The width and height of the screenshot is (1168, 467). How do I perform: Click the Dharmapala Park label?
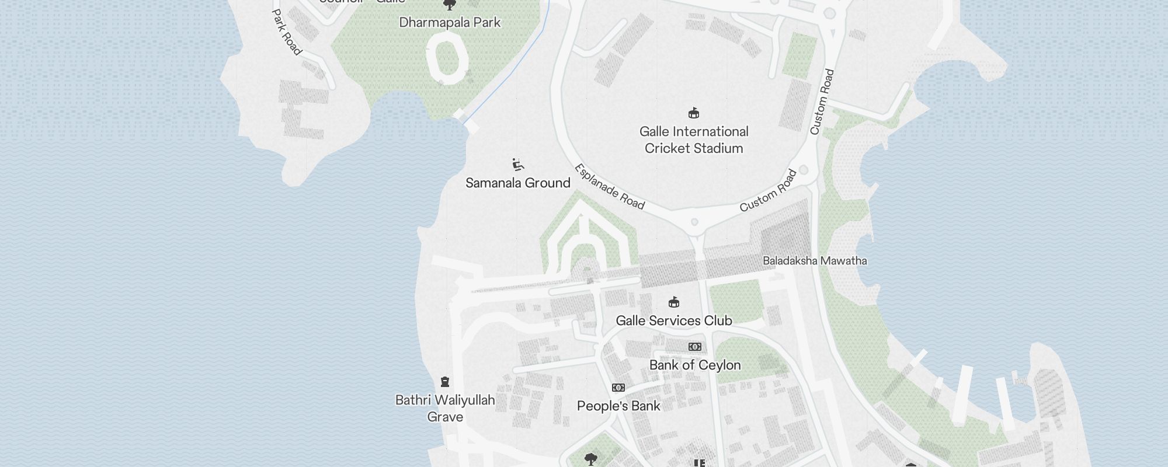pos(450,23)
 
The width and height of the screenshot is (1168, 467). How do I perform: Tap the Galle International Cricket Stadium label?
pos(694,140)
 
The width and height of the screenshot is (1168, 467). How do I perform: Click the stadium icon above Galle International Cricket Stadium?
pos(694,113)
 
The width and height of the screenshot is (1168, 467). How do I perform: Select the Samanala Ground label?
pos(517,183)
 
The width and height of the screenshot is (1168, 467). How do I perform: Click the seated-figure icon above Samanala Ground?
pos(517,164)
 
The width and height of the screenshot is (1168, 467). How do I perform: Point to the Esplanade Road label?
pos(609,187)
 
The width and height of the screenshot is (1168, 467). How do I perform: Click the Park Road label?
pos(287,32)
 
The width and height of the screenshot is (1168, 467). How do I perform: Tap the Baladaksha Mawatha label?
pos(814,261)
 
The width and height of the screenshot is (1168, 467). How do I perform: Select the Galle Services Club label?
pos(673,320)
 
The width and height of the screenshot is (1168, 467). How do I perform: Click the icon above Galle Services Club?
pos(674,302)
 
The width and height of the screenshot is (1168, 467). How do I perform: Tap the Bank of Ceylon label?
pos(694,365)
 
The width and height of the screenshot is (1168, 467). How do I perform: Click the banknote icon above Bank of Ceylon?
pos(694,347)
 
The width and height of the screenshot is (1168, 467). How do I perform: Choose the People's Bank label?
pos(618,406)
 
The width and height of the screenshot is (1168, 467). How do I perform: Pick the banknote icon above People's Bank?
pos(618,388)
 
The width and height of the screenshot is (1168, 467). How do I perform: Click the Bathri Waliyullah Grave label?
pos(445,409)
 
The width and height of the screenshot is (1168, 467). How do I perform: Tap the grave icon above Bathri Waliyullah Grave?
pos(445,382)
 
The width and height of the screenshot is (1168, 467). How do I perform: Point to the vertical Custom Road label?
pos(822,102)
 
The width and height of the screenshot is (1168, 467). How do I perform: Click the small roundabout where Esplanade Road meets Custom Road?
pos(694,222)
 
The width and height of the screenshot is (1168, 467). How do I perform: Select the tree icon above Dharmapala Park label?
pos(450,5)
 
